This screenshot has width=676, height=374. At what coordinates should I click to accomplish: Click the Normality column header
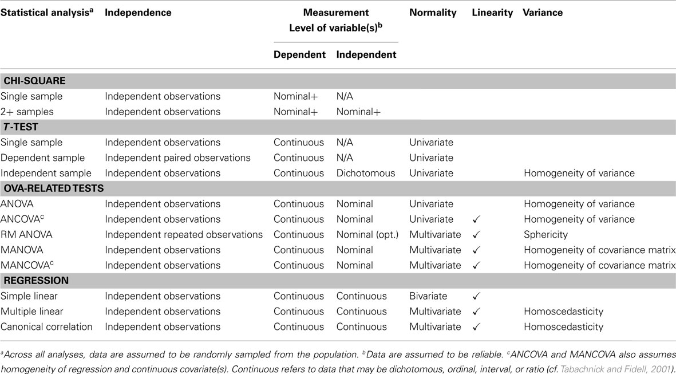(x=433, y=13)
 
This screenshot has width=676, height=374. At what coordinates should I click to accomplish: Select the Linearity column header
(x=492, y=13)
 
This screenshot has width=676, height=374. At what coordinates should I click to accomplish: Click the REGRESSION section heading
(x=36, y=281)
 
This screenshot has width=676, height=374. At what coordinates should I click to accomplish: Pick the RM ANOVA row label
(x=25, y=235)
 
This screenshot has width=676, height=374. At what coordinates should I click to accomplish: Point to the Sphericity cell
(x=546, y=235)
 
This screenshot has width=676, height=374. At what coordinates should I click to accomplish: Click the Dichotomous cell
(x=366, y=173)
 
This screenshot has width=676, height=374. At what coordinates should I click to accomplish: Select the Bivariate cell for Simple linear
(x=429, y=296)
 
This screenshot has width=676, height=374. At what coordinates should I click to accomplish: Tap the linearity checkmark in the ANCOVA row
(x=476, y=219)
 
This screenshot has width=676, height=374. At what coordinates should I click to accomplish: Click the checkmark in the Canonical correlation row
(x=476, y=327)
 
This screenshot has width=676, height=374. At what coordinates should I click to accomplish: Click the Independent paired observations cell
(x=177, y=158)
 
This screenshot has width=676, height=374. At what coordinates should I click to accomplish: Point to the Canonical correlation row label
(x=46, y=327)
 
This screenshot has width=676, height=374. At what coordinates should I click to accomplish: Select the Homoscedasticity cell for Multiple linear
(x=563, y=312)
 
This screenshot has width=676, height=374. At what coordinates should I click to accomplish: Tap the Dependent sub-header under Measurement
(x=299, y=55)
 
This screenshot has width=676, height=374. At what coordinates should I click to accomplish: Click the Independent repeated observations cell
(x=184, y=235)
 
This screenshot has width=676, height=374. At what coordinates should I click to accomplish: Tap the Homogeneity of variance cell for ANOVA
(x=579, y=204)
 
